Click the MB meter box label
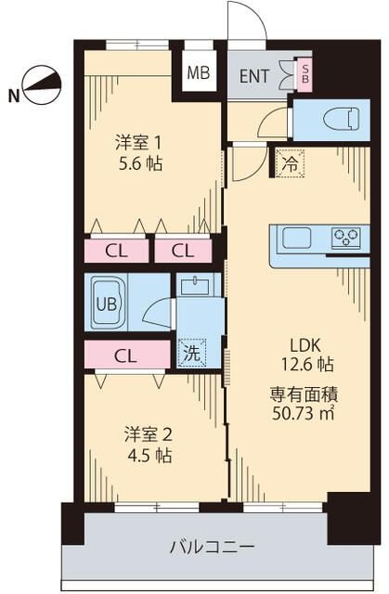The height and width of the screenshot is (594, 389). (x=199, y=72)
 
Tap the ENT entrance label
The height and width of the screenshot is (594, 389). (x=254, y=76)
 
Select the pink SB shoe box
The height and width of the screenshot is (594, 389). (x=305, y=74)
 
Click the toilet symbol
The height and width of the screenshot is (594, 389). (x=341, y=119)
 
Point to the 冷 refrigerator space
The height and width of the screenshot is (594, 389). (x=291, y=163)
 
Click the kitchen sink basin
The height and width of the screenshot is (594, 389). (x=296, y=238)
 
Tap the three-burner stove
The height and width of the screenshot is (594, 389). (x=345, y=238)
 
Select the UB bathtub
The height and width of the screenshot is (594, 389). (x=109, y=303)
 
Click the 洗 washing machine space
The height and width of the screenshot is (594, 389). (x=192, y=353)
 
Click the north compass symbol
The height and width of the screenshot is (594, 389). (x=42, y=85)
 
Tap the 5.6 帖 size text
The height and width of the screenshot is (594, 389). (x=140, y=164)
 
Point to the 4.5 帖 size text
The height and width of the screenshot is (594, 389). (x=149, y=455)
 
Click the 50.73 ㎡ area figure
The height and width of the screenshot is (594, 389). (x=303, y=412)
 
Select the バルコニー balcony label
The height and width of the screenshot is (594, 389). (x=212, y=547)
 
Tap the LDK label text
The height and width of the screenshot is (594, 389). (x=305, y=345)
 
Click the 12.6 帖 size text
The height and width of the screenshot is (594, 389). (x=306, y=365)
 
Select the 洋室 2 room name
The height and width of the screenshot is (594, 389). (x=149, y=434)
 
